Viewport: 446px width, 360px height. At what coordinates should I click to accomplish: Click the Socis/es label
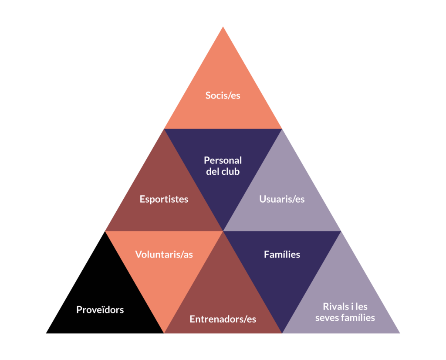(x=223, y=95)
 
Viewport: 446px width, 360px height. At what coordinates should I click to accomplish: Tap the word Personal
(x=223, y=160)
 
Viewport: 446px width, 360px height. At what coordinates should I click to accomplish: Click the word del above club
(x=213, y=172)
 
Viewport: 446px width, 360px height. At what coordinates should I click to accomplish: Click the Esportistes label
(x=164, y=199)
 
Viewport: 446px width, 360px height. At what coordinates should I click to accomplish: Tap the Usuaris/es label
(x=282, y=199)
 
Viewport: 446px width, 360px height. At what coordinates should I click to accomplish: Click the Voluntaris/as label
(x=164, y=255)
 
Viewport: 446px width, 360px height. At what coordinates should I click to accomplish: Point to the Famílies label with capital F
(x=282, y=255)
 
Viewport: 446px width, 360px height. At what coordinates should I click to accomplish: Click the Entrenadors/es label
(x=223, y=319)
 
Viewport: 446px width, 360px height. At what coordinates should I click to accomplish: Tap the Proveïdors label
(x=100, y=310)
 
